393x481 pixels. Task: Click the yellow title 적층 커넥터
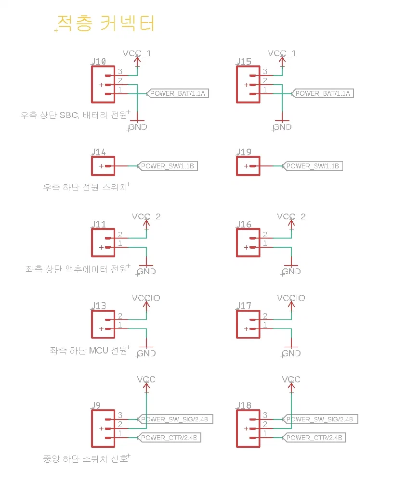(106, 23)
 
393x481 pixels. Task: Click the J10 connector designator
(98, 62)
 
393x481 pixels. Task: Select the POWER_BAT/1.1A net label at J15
(323, 93)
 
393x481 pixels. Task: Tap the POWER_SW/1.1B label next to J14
(167, 166)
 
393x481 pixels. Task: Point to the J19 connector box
(248, 166)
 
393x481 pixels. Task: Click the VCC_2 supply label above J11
(146, 216)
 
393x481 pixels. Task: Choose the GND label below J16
(291, 272)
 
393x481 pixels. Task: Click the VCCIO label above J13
(146, 298)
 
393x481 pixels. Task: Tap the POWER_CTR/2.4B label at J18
(314, 438)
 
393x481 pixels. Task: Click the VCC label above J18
(291, 380)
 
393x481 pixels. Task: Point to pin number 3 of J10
(120, 72)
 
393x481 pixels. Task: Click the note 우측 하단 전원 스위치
(85, 187)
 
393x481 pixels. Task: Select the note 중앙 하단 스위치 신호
(86, 459)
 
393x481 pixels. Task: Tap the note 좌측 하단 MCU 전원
(89, 351)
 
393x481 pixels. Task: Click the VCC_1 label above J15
(282, 53)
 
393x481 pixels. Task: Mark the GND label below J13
(146, 354)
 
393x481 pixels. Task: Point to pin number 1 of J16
(265, 244)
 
